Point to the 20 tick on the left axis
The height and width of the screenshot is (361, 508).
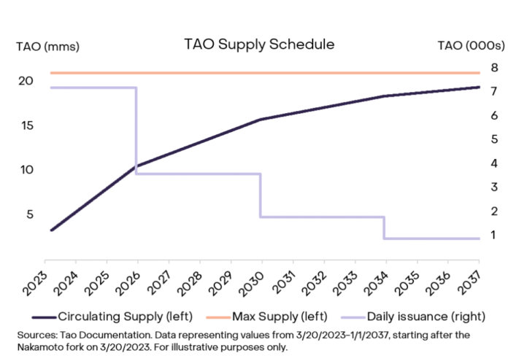point(26,80)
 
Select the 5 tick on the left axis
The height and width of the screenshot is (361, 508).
point(30,214)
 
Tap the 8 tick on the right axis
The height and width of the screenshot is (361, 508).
point(493,68)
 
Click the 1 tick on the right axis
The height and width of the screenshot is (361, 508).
point(493,235)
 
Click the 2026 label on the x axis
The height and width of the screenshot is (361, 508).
point(128,280)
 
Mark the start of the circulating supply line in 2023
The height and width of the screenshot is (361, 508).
point(50,230)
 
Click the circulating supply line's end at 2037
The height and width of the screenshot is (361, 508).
point(479,87)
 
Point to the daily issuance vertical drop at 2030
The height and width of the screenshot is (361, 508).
point(261,195)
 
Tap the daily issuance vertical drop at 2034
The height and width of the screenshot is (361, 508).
point(385,228)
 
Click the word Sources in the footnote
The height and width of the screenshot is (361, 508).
point(34,334)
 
